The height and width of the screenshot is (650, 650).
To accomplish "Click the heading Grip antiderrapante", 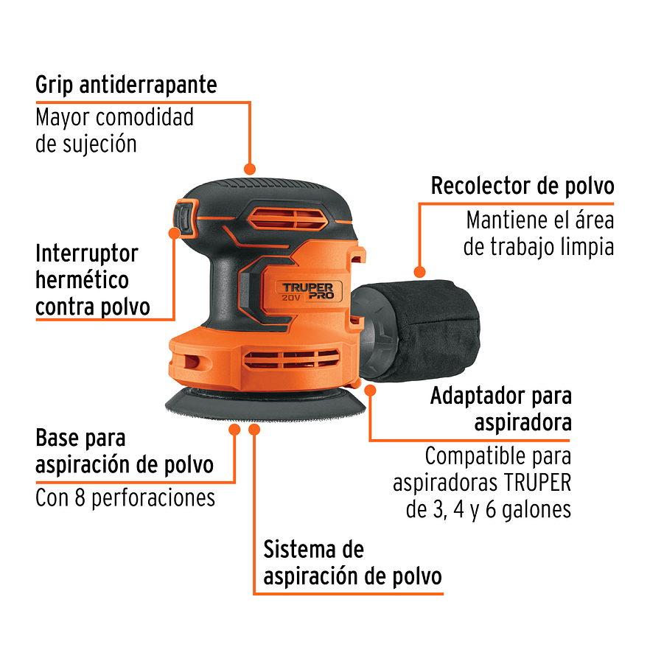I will point(126,85).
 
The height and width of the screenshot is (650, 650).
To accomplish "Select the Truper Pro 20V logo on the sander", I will point(308,290).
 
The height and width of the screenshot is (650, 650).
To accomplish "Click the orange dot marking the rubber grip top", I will point(250,169).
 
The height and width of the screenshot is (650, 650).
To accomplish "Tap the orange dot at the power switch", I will point(175,233).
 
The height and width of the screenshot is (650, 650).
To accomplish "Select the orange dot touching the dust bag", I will point(419,271).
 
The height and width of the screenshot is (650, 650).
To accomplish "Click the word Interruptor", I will point(87,254).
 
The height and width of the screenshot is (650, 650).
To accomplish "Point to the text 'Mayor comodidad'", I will point(114,117).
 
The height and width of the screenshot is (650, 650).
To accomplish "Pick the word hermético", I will point(82,281).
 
